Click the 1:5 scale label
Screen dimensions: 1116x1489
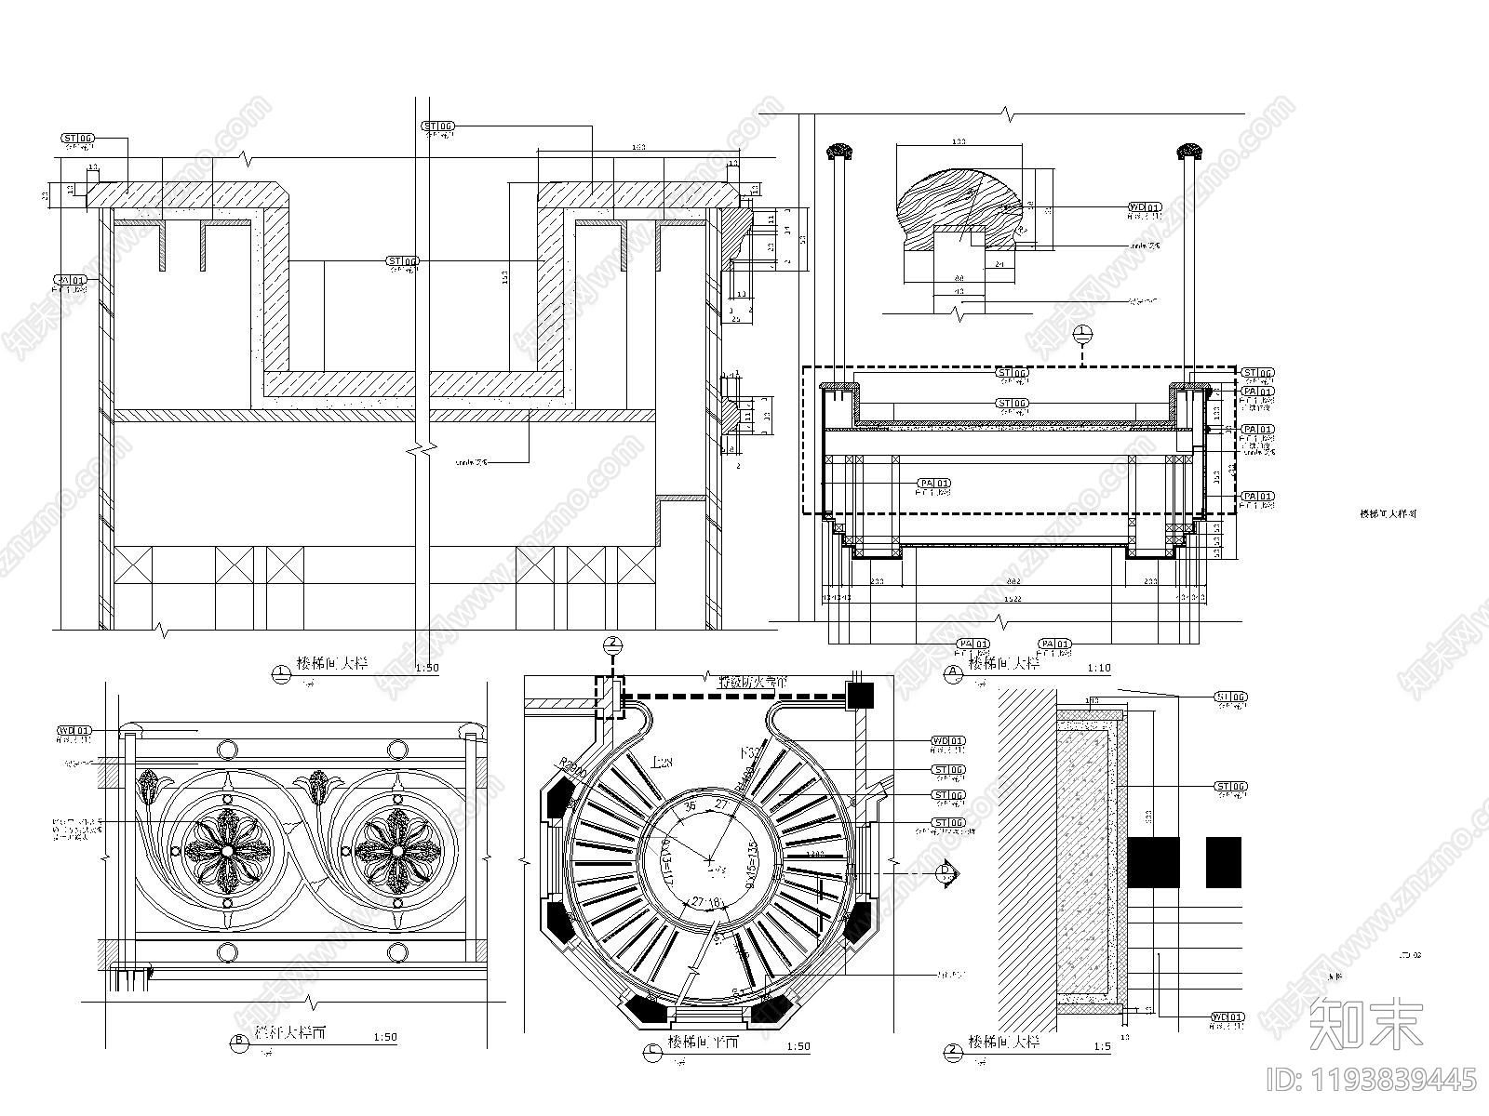pos(1103,1046)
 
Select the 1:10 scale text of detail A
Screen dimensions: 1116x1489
pos(1099,668)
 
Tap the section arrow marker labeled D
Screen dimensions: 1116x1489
pos(946,872)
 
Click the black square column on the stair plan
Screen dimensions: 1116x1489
pos(859,694)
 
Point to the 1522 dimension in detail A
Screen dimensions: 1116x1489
pos(1013,598)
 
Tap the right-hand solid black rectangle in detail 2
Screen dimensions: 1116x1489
pos(1223,862)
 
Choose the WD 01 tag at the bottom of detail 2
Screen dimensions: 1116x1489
pos(1228,1018)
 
